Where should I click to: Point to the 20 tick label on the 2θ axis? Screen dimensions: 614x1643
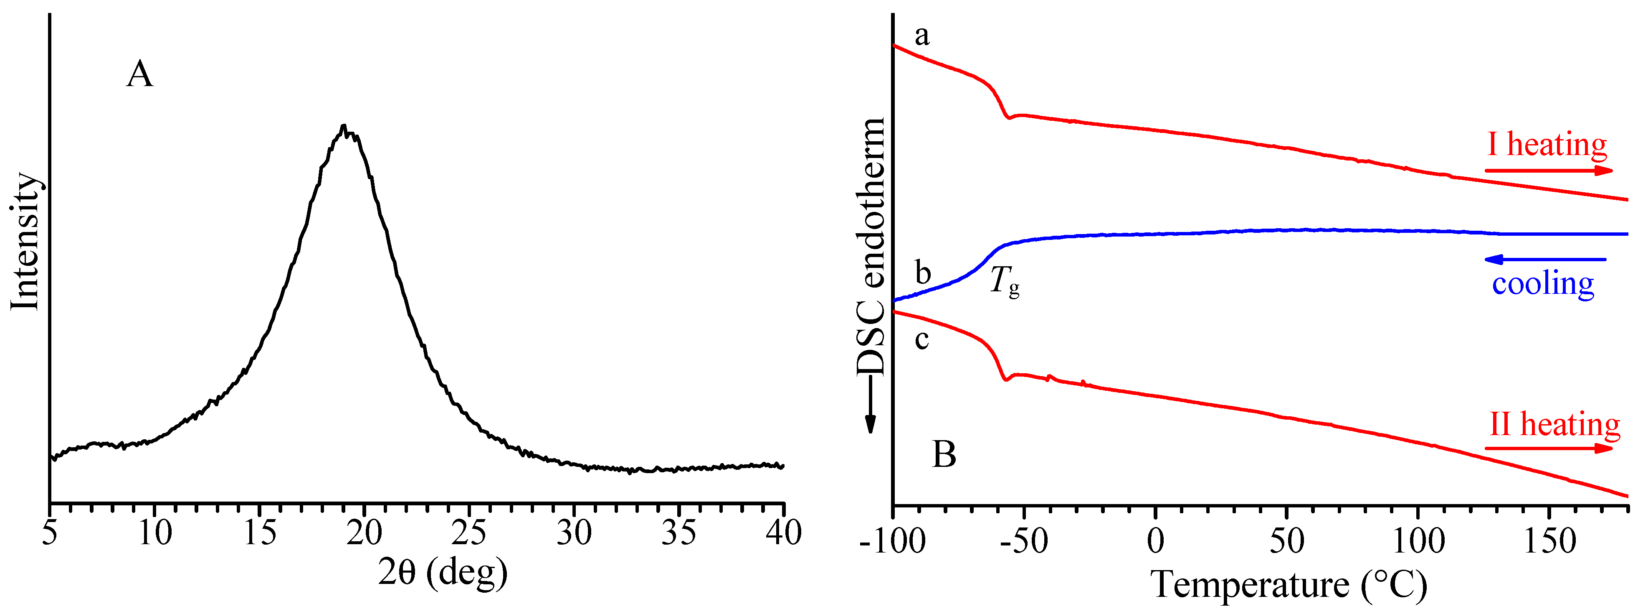[x=364, y=533]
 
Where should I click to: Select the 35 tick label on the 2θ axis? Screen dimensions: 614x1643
[x=678, y=533]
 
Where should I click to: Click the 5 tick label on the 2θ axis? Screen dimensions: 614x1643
[x=50, y=533]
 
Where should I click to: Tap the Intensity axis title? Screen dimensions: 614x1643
[x=25, y=241]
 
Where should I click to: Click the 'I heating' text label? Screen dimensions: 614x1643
[x=1547, y=145]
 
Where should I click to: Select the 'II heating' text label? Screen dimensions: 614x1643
[x=1554, y=424]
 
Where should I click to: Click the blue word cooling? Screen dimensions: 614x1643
[x=1543, y=283]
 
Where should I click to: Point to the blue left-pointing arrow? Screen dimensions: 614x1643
[x=1545, y=259]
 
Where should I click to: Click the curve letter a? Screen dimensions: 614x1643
[x=921, y=36]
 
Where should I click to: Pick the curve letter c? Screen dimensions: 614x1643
[x=921, y=339]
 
